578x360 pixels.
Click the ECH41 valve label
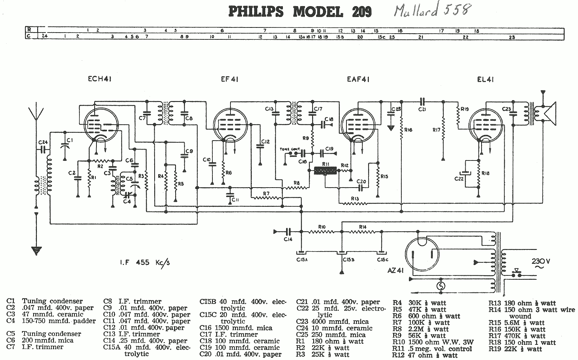click(99, 79)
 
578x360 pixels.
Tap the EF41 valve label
click(229, 79)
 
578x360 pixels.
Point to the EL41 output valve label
click(485, 79)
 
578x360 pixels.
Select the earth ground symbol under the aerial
click(36, 249)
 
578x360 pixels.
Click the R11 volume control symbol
click(325, 171)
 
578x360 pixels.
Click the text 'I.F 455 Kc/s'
click(144, 262)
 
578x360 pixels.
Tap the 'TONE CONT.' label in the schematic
click(287, 149)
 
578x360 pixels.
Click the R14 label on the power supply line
click(363, 227)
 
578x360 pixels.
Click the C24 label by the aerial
click(42, 142)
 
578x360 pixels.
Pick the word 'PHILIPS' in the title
click(256, 12)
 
